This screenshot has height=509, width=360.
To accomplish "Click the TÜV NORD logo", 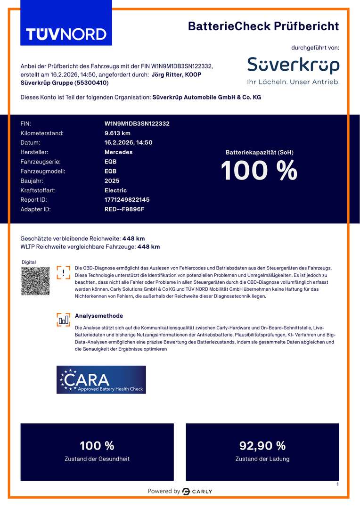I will [x=66, y=34].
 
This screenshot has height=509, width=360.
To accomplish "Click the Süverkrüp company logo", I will [x=293, y=66].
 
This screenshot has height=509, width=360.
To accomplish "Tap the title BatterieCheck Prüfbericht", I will [x=263, y=26].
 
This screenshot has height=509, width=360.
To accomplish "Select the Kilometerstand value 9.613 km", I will [x=117, y=133].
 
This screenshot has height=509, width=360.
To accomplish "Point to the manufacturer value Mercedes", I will [x=118, y=152].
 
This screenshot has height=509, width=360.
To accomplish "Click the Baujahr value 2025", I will [x=112, y=181].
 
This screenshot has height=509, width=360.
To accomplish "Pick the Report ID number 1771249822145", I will [x=127, y=200].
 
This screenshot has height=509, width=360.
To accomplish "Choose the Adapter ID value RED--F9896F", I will [x=124, y=209].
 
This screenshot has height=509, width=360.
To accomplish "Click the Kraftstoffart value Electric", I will [x=115, y=190].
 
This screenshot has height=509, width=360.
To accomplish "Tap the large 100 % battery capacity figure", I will [x=259, y=171].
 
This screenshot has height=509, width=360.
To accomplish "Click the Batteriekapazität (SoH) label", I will [x=260, y=152].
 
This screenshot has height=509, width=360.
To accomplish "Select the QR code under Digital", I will [x=35, y=281].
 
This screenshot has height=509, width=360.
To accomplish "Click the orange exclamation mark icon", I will [x=63, y=272].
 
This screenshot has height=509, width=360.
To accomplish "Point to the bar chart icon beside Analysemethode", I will [x=63, y=320].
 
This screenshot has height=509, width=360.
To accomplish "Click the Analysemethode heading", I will [x=99, y=316].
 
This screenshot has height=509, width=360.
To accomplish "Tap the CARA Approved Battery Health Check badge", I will [x=101, y=380].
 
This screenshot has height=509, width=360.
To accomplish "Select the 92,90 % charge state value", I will [x=262, y=446].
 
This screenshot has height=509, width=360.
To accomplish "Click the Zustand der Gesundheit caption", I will [x=97, y=459].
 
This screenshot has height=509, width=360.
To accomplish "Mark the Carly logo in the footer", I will [x=197, y=492].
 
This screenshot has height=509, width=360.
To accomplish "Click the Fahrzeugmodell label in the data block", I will [x=43, y=172].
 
